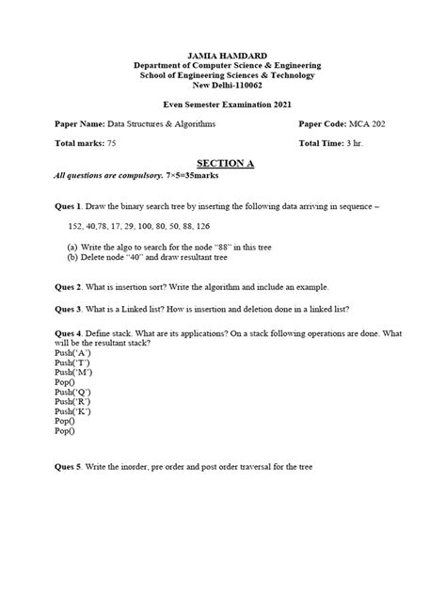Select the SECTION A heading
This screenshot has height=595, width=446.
(x=223, y=163)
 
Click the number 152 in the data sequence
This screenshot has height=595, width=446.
(x=77, y=227)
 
